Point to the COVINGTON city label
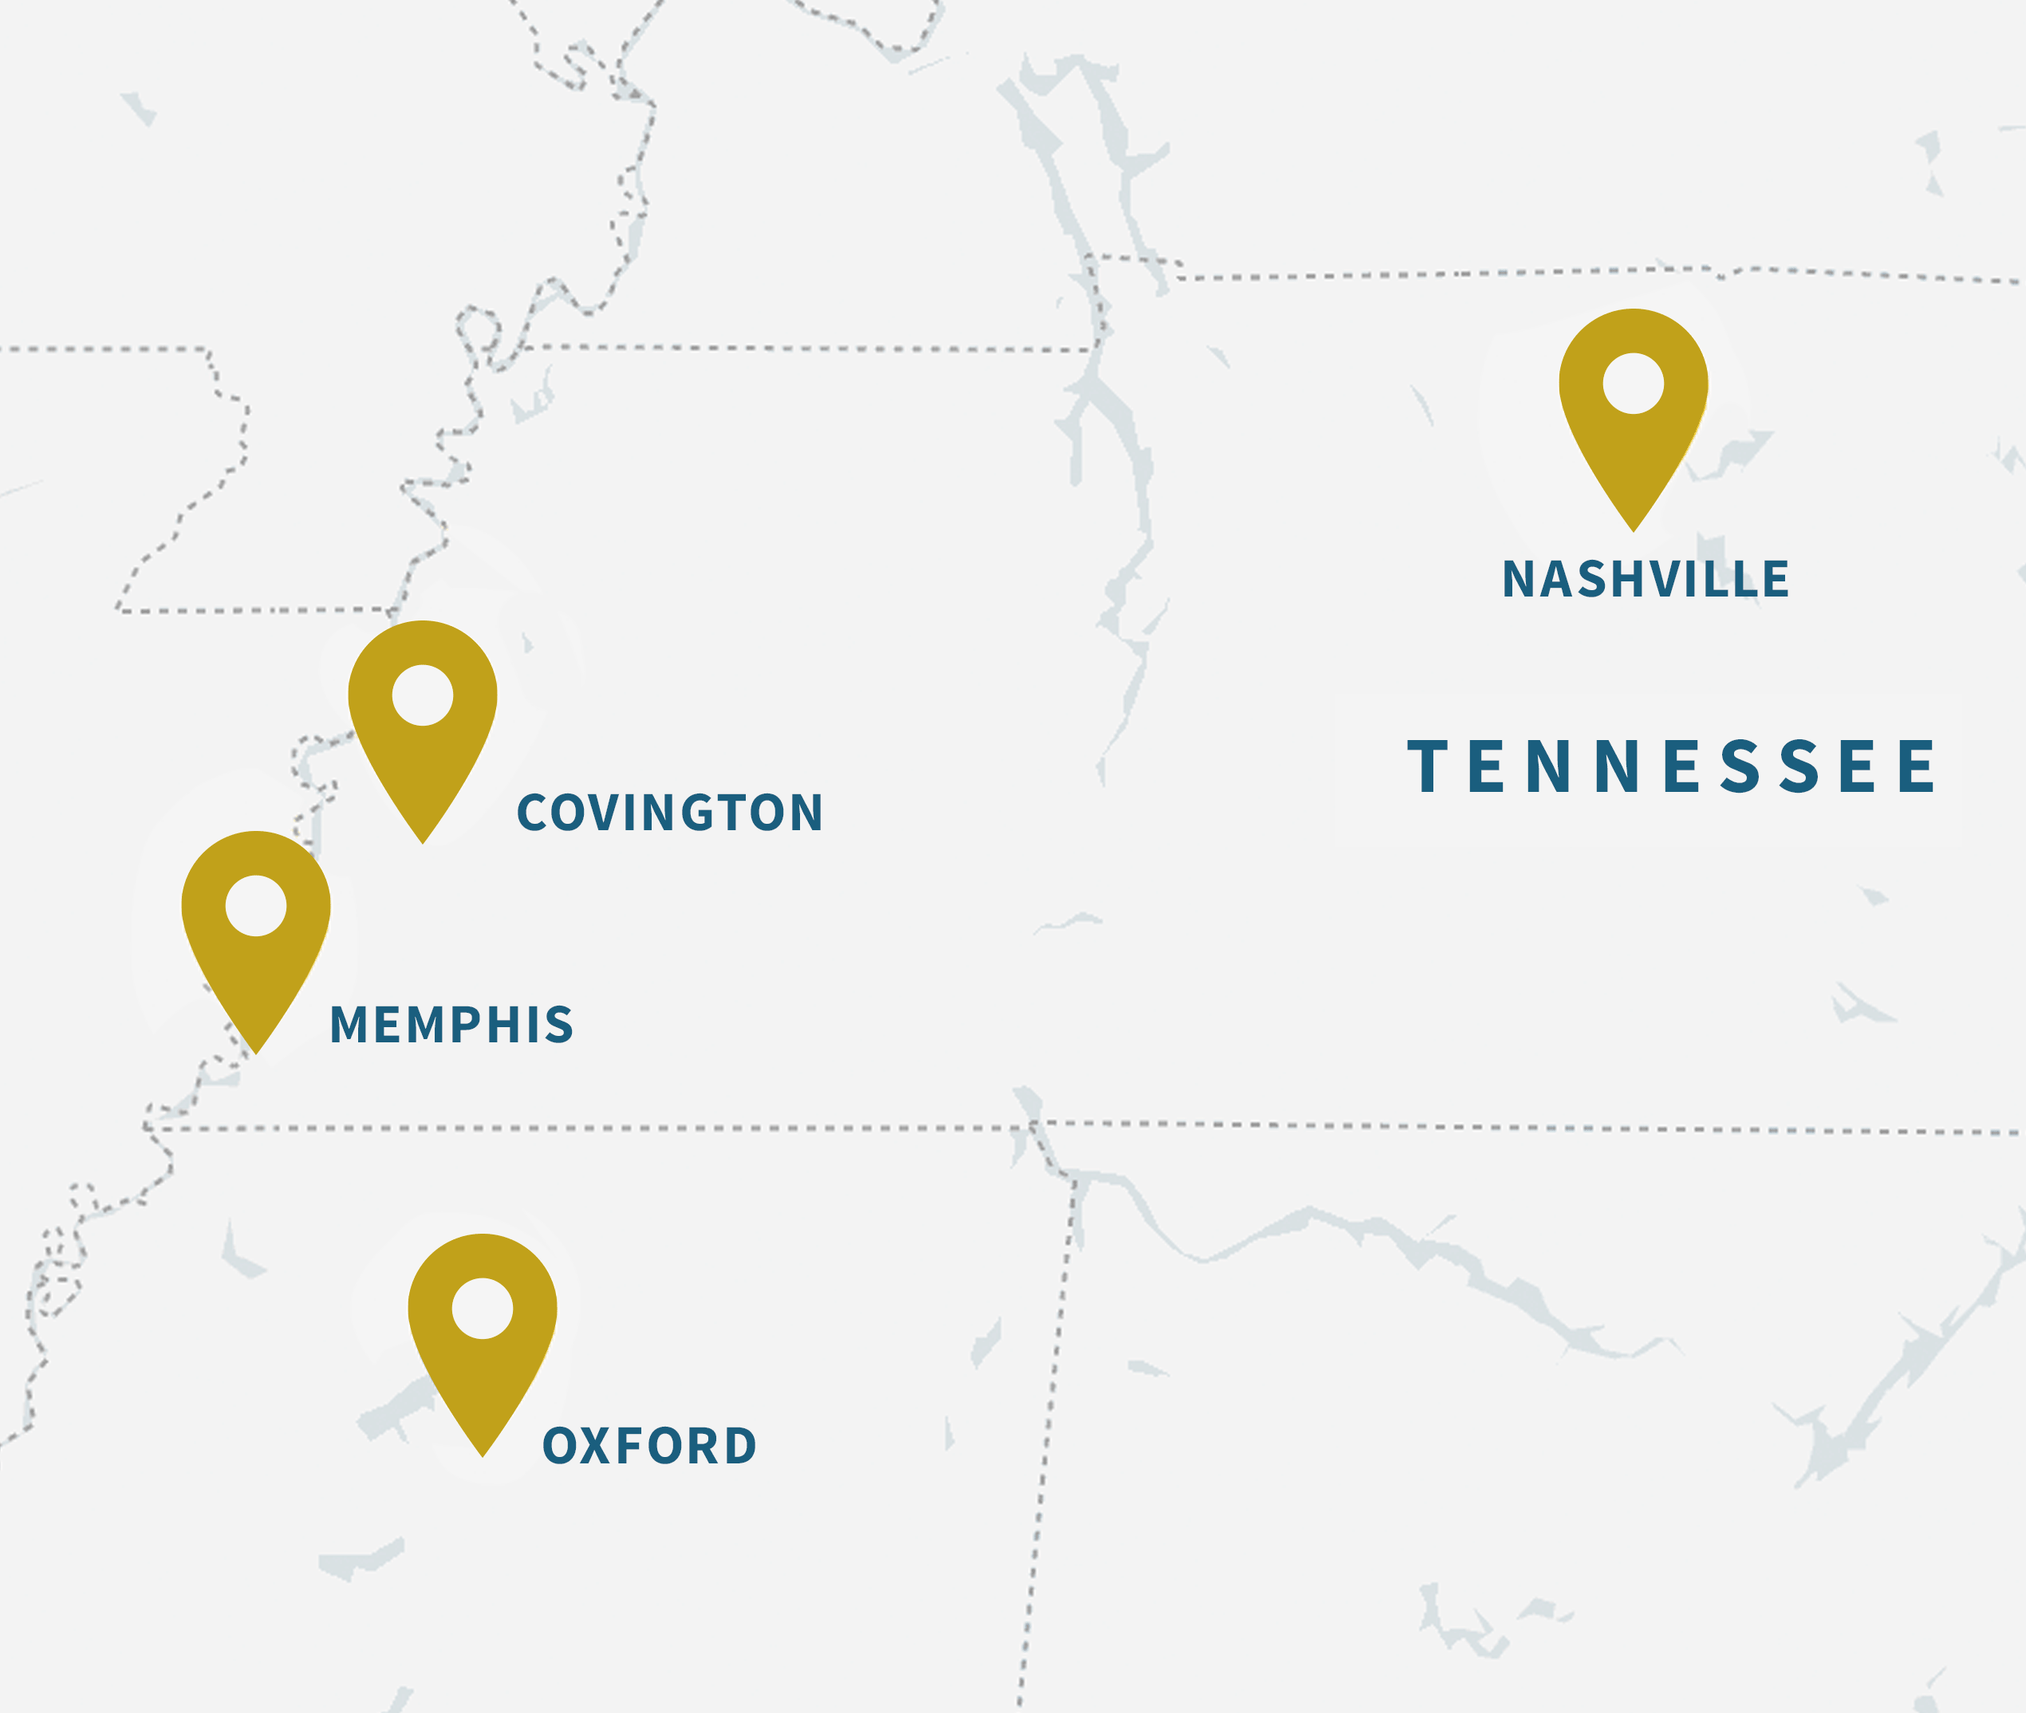[x=670, y=813]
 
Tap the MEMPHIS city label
[x=451, y=1025]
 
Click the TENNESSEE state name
[x=1672, y=766]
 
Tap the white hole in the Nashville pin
[x=1633, y=383]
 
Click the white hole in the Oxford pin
[x=482, y=1308]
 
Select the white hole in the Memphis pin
[x=255, y=905]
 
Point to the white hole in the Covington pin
[x=423, y=695]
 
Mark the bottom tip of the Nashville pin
[x=1634, y=530]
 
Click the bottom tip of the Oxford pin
[x=483, y=1455]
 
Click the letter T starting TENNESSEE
[x=1427, y=766]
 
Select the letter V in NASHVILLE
[x=1666, y=580]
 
